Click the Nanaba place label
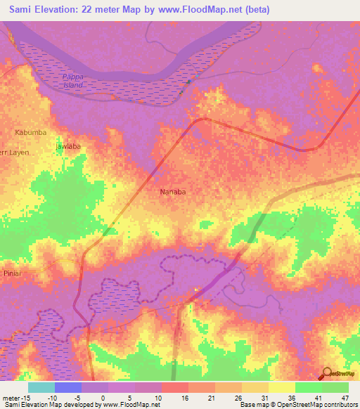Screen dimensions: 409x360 172,191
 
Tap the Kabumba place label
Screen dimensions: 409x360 30,132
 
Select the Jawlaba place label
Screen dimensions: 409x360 68,147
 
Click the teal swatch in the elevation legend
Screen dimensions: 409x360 41,387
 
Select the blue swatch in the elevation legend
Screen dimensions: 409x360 68,387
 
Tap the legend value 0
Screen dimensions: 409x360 103,397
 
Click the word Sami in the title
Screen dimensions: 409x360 22,10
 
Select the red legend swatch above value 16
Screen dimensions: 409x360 175,387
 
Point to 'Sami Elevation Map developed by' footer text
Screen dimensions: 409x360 43,405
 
